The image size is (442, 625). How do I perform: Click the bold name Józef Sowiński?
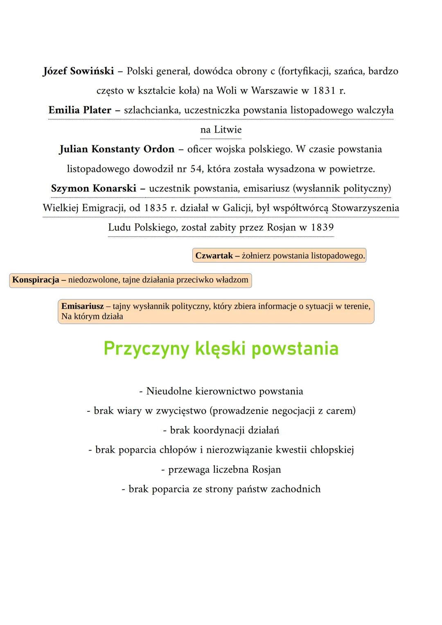pyautogui.click(x=78, y=71)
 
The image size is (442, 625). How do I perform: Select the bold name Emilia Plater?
pyautogui.click(x=80, y=110)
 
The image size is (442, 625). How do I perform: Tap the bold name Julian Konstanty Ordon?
pyautogui.click(x=117, y=149)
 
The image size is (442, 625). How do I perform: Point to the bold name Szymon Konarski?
pyautogui.click(x=94, y=188)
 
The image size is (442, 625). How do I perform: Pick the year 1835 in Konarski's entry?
pyautogui.click(x=155, y=208)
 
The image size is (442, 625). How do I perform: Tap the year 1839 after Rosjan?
pyautogui.click(x=322, y=227)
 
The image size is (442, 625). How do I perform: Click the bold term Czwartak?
pyautogui.click(x=214, y=256)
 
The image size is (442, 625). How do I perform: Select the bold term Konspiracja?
pyautogui.click(x=36, y=280)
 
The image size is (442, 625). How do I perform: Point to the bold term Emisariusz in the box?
pyautogui.click(x=82, y=306)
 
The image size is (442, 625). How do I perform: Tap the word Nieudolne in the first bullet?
pyautogui.click(x=169, y=391)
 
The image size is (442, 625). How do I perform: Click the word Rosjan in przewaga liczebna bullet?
pyautogui.click(x=266, y=469)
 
